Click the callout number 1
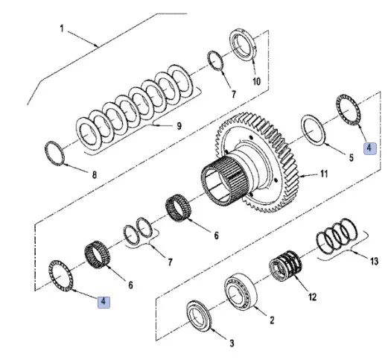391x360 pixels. point(62,28)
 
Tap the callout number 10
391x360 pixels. point(256,81)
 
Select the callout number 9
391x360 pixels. point(179,126)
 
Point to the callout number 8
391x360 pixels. point(95,175)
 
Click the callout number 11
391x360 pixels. point(323,174)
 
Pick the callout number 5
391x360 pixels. point(351,158)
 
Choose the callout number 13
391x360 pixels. point(374,261)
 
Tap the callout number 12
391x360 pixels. point(312,297)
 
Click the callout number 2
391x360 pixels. point(272,320)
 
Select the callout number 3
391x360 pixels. point(232,344)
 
